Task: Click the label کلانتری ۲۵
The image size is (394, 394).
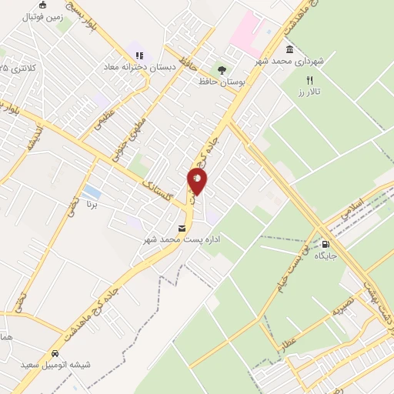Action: [x=19, y=68]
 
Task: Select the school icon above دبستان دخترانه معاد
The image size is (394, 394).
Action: [x=139, y=55]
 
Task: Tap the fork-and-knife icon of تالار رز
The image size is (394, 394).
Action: [x=310, y=80]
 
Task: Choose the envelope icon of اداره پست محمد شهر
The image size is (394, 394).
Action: [x=182, y=229]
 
